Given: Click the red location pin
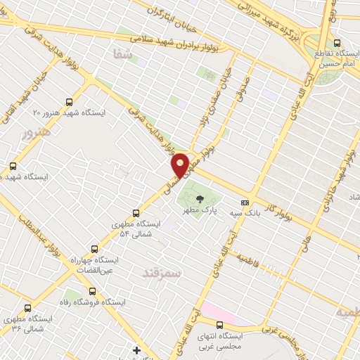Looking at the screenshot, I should click(x=181, y=165).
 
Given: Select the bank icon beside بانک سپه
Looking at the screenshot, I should click(x=244, y=202).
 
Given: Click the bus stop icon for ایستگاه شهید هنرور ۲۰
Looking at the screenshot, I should click(x=69, y=101).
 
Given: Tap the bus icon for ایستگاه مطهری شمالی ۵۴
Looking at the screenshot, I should click(x=136, y=212).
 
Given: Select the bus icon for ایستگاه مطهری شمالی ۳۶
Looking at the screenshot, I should click(x=27, y=307).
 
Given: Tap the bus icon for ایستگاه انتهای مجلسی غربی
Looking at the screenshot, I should click(x=220, y=324).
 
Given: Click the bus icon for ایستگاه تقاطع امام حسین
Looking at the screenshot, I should click(x=337, y=43).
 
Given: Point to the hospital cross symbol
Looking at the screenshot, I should click(x=136, y=349).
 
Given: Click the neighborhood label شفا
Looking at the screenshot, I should click(x=121, y=54).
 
